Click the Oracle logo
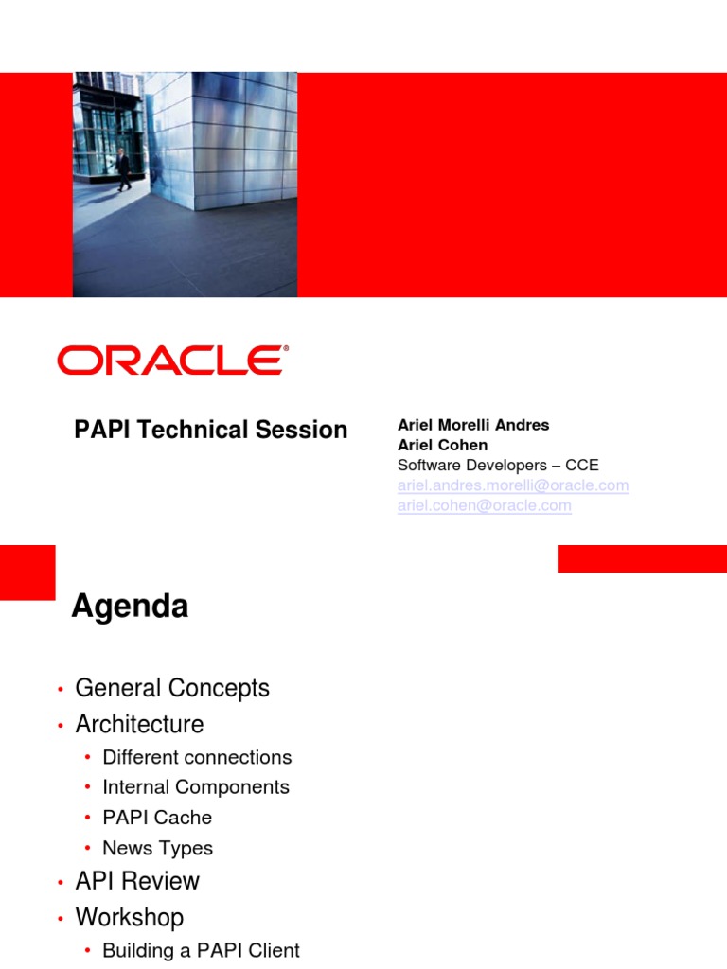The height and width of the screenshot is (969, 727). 171,361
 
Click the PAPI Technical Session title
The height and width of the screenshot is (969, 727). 210,430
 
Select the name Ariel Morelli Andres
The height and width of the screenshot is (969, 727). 472,425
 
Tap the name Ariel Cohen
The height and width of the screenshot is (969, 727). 442,445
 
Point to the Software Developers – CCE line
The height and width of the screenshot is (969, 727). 497,465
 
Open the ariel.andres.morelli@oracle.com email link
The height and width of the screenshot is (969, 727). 512,485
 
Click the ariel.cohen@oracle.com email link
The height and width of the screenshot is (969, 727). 484,505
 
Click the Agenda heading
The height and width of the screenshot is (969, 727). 131,607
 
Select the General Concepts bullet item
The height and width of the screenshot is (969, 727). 172,688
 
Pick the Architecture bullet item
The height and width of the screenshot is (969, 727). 139,724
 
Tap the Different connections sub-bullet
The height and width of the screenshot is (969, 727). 197,757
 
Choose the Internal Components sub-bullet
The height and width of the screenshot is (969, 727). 195,786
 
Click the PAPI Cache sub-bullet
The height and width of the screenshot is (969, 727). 157,817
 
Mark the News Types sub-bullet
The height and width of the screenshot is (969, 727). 157,848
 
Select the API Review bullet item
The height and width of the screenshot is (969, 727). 137,881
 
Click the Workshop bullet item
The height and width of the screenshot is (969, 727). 130,917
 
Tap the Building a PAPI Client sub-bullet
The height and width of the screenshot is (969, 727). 201,950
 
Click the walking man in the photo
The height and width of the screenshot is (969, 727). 123,169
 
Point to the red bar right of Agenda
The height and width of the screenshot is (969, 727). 642,558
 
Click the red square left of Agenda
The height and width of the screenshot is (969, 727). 27,572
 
